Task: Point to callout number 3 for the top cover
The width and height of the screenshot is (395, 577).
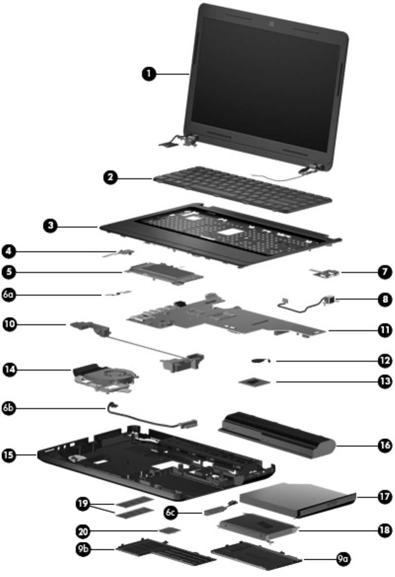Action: point(49,227)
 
